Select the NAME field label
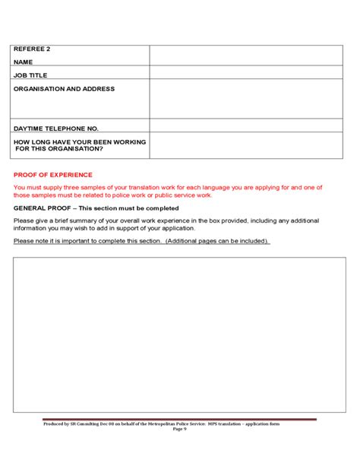(x=24, y=62)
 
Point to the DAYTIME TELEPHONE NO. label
(x=56, y=128)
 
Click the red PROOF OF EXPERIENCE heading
(x=52, y=175)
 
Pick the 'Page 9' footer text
(x=179, y=429)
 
